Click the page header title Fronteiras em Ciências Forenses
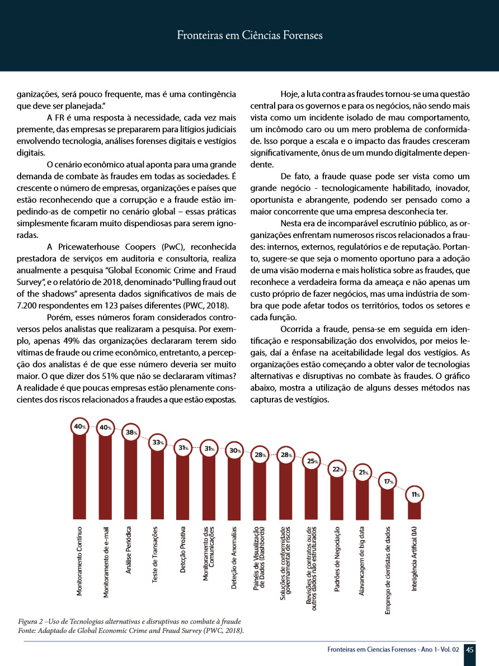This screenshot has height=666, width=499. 249,36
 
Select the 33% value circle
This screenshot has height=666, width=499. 158,443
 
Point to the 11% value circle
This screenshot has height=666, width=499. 415,494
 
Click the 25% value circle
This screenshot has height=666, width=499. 312,462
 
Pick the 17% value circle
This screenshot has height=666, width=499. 388,481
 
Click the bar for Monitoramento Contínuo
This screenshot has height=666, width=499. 79,476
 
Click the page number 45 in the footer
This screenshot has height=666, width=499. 470,650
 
